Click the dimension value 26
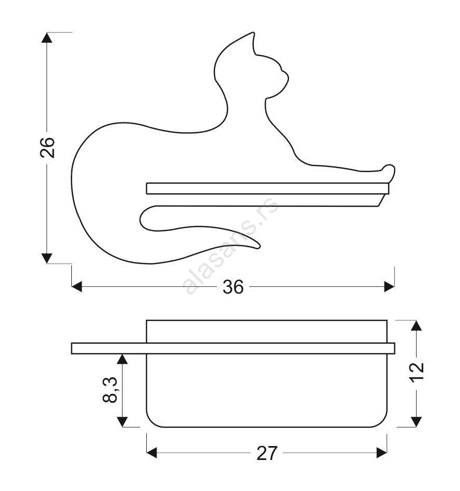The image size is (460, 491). click(47, 147)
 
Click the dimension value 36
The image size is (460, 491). click(233, 287)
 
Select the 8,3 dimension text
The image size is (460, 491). click(110, 390)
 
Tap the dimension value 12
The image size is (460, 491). click(417, 372)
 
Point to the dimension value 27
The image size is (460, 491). click(267, 453)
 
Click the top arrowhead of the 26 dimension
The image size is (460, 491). click(47, 37)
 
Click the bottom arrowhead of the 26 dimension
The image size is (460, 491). click(47, 258)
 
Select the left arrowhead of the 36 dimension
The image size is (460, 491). click(76, 286)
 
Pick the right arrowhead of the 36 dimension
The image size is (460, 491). click(389, 286)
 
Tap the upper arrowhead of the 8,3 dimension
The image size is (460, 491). click(122, 359)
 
